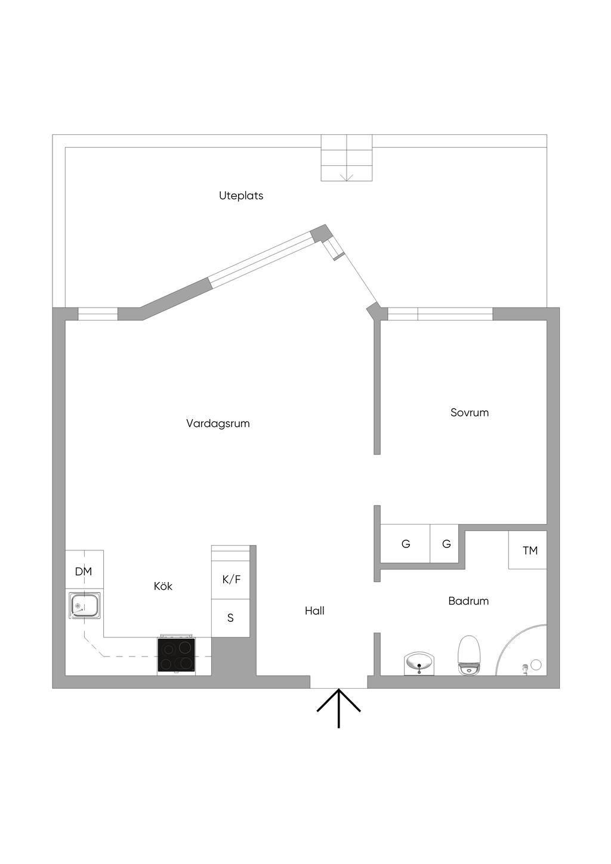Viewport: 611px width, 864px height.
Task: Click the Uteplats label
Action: pos(241,196)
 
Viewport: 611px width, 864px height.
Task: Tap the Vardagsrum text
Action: pos(218,423)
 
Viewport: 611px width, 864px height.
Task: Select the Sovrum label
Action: pos(470,412)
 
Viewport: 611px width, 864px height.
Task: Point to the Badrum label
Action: pos(468,600)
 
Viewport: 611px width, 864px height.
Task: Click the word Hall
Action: pos(314,611)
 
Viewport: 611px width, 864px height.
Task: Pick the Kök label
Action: pos(163,586)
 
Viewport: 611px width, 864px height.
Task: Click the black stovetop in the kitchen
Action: pos(176,655)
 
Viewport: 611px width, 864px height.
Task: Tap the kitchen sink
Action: pos(84,606)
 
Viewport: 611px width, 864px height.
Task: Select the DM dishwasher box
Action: pos(84,571)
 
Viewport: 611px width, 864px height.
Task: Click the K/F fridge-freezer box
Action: pos(231,579)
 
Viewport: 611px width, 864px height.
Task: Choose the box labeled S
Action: pos(230,618)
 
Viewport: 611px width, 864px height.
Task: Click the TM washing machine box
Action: pos(528,550)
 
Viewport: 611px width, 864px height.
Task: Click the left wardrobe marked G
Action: pos(406,544)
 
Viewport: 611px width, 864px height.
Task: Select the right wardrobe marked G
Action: pos(446,544)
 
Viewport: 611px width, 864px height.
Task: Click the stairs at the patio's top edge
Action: pos(347,158)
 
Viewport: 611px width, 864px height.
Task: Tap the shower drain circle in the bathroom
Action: pos(536,664)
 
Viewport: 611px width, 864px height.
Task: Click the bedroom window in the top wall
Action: pos(440,314)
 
